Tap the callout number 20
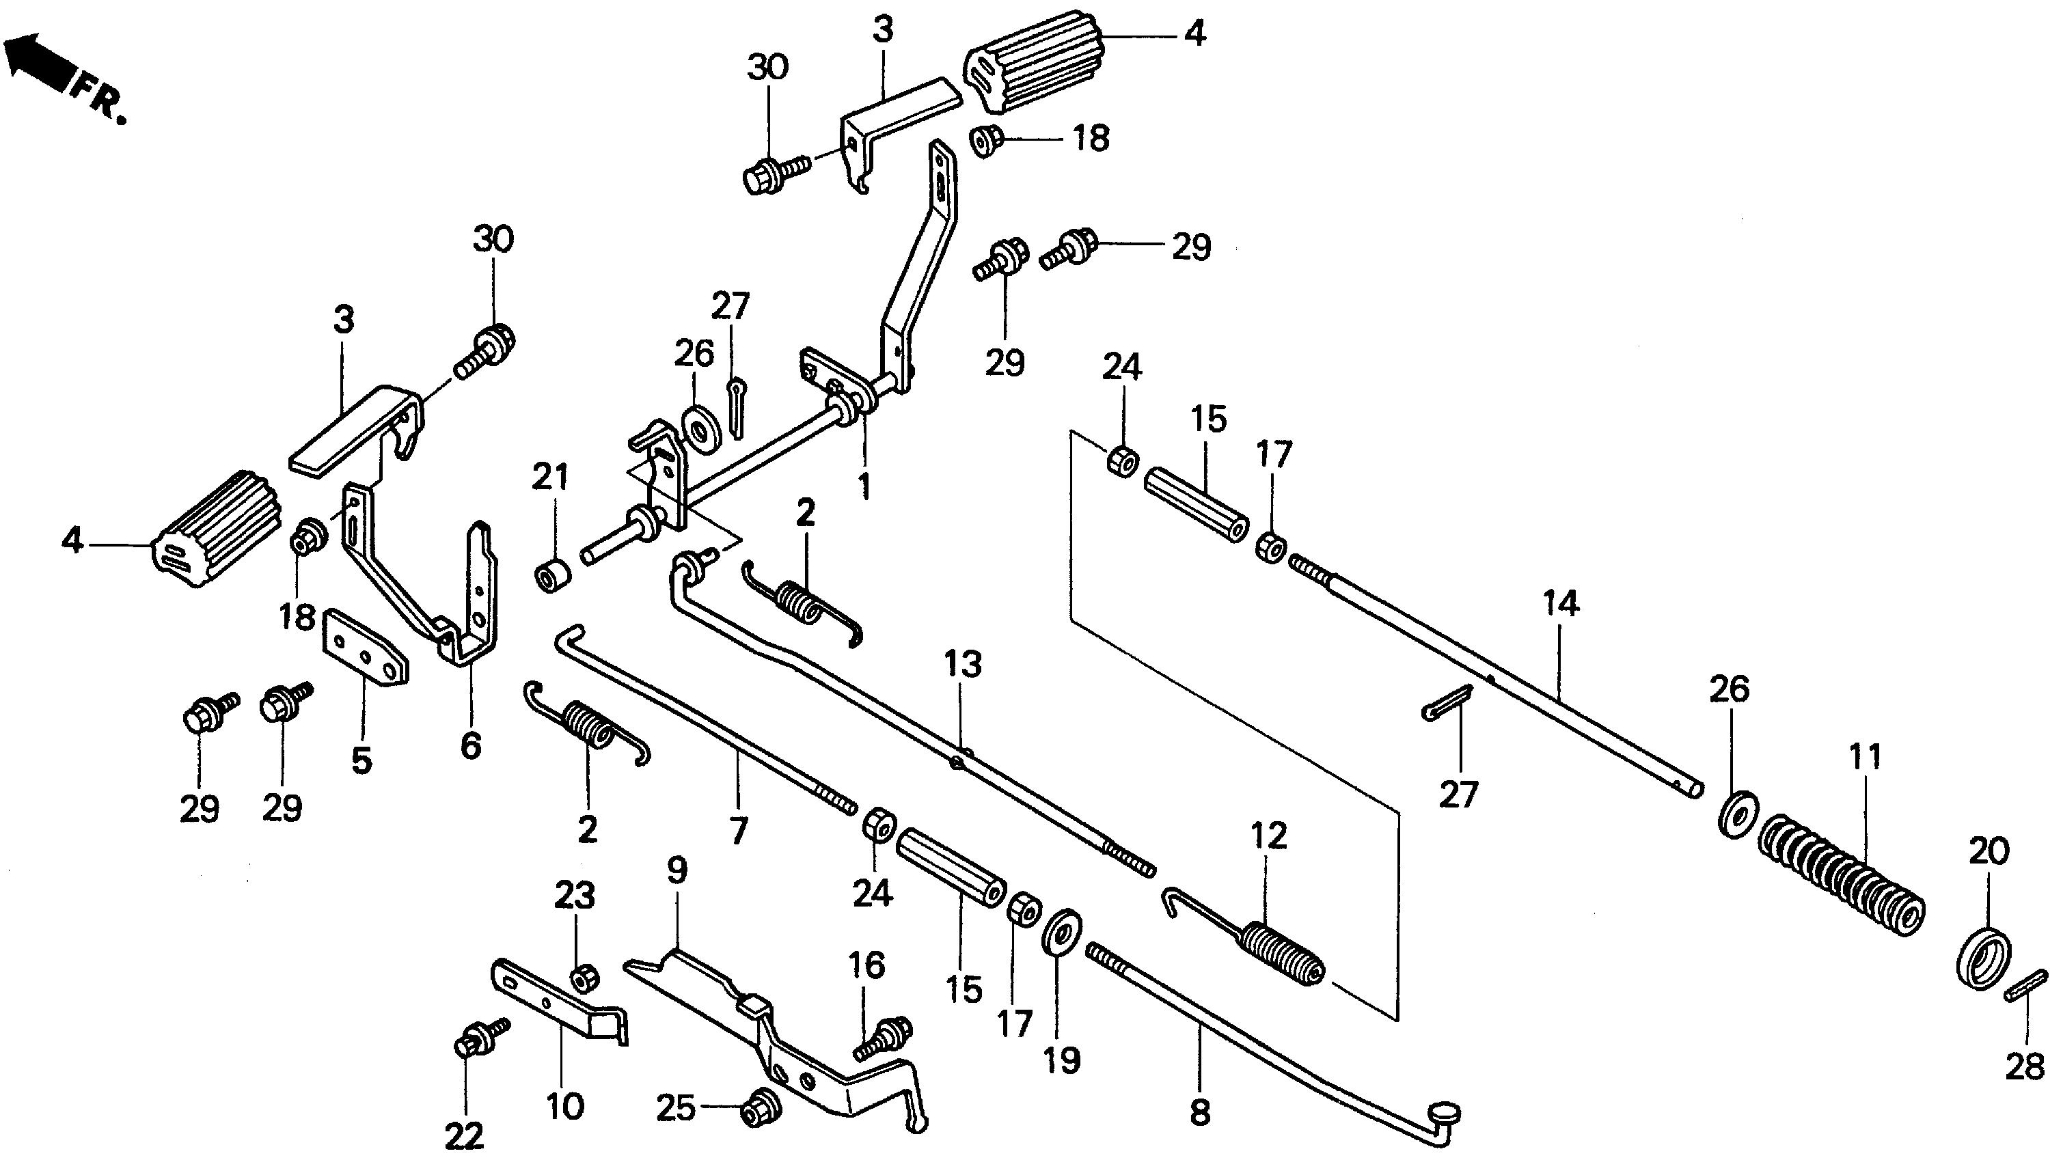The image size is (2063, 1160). pos(1989,852)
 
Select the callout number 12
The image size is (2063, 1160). pos(1267,836)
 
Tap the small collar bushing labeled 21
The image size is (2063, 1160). pos(551,576)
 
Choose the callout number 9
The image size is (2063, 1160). pos(677,870)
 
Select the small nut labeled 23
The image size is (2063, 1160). pos(582,978)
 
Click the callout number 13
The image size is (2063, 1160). pos(963,663)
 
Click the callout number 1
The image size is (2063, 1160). pos(864,486)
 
